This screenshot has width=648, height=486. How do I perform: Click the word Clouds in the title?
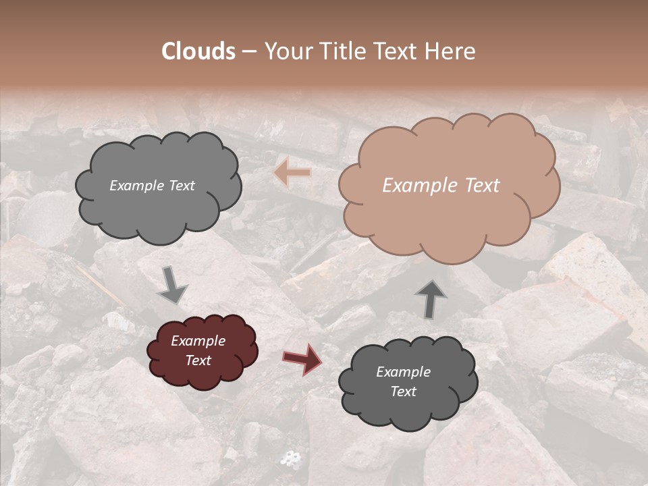tap(198, 51)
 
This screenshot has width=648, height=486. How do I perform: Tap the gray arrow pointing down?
tap(171, 285)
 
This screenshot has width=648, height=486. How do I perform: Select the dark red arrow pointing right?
tap(302, 358)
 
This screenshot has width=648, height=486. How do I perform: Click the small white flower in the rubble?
tap(291, 459)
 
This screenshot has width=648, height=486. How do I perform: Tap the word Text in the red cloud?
tap(198, 360)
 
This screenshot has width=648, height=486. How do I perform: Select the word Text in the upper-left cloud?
tap(180, 186)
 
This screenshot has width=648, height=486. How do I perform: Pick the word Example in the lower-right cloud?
tap(403, 372)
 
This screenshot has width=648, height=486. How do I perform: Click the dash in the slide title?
tap(249, 51)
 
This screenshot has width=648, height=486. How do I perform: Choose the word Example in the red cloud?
tap(198, 341)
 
